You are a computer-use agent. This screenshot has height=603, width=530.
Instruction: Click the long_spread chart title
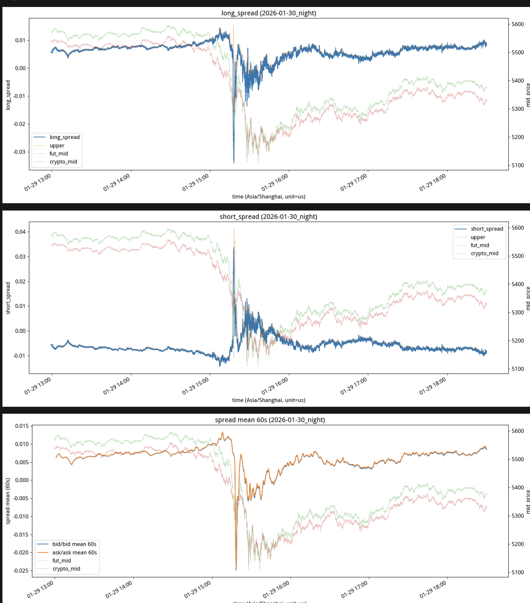click(x=268, y=13)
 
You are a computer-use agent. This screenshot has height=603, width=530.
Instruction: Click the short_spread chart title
click(x=268, y=217)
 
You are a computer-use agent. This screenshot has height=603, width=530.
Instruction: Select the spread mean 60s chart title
click(x=270, y=420)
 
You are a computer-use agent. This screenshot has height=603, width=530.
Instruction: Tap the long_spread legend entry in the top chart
click(x=64, y=137)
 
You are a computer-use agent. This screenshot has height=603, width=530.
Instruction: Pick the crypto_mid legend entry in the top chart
click(x=63, y=162)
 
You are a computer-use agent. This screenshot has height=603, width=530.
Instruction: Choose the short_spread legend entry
click(x=487, y=229)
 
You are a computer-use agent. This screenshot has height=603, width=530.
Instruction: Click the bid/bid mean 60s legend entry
click(x=74, y=544)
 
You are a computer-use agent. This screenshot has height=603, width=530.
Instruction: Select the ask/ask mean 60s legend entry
click(x=75, y=552)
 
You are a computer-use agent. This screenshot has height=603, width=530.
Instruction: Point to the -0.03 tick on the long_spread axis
click(x=19, y=152)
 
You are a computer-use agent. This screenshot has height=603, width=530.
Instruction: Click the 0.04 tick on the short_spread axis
click(x=20, y=232)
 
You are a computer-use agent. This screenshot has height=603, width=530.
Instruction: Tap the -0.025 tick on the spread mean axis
click(x=21, y=571)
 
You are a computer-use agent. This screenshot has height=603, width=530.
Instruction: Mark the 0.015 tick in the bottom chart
click(x=22, y=426)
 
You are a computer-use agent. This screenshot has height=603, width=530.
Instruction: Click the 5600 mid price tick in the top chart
click(x=517, y=24)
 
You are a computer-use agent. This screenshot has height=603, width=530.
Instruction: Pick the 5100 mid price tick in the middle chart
click(x=517, y=369)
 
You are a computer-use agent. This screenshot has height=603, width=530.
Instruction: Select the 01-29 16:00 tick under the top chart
click(x=275, y=182)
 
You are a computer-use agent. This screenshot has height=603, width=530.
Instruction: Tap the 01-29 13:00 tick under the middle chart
click(x=38, y=386)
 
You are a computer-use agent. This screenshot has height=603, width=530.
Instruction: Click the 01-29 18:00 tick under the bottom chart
click(x=433, y=589)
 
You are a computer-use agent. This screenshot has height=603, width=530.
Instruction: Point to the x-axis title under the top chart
click(x=268, y=197)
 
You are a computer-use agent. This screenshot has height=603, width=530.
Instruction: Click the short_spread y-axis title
click(x=8, y=298)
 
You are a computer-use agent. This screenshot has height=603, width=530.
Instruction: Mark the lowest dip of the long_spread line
click(x=234, y=163)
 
